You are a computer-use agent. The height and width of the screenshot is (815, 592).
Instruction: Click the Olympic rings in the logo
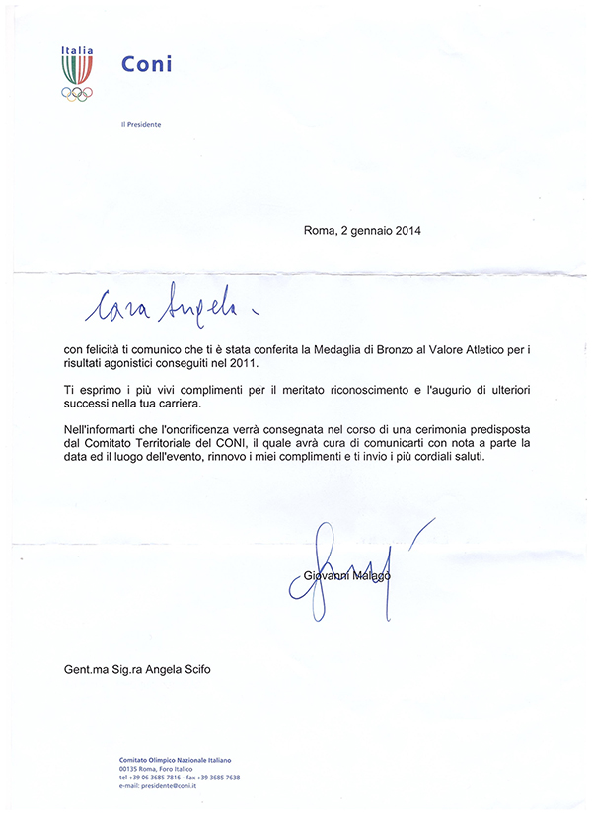pyautogui.click(x=77, y=94)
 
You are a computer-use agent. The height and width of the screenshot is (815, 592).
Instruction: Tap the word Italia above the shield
pyautogui.click(x=77, y=50)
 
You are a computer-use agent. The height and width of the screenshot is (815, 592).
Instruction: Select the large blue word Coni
pyautogui.click(x=146, y=64)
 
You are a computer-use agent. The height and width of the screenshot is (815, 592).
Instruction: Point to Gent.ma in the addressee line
pyautogui.click(x=82, y=671)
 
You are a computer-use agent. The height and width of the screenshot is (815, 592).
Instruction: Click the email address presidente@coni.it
pyautogui.click(x=174, y=785)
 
